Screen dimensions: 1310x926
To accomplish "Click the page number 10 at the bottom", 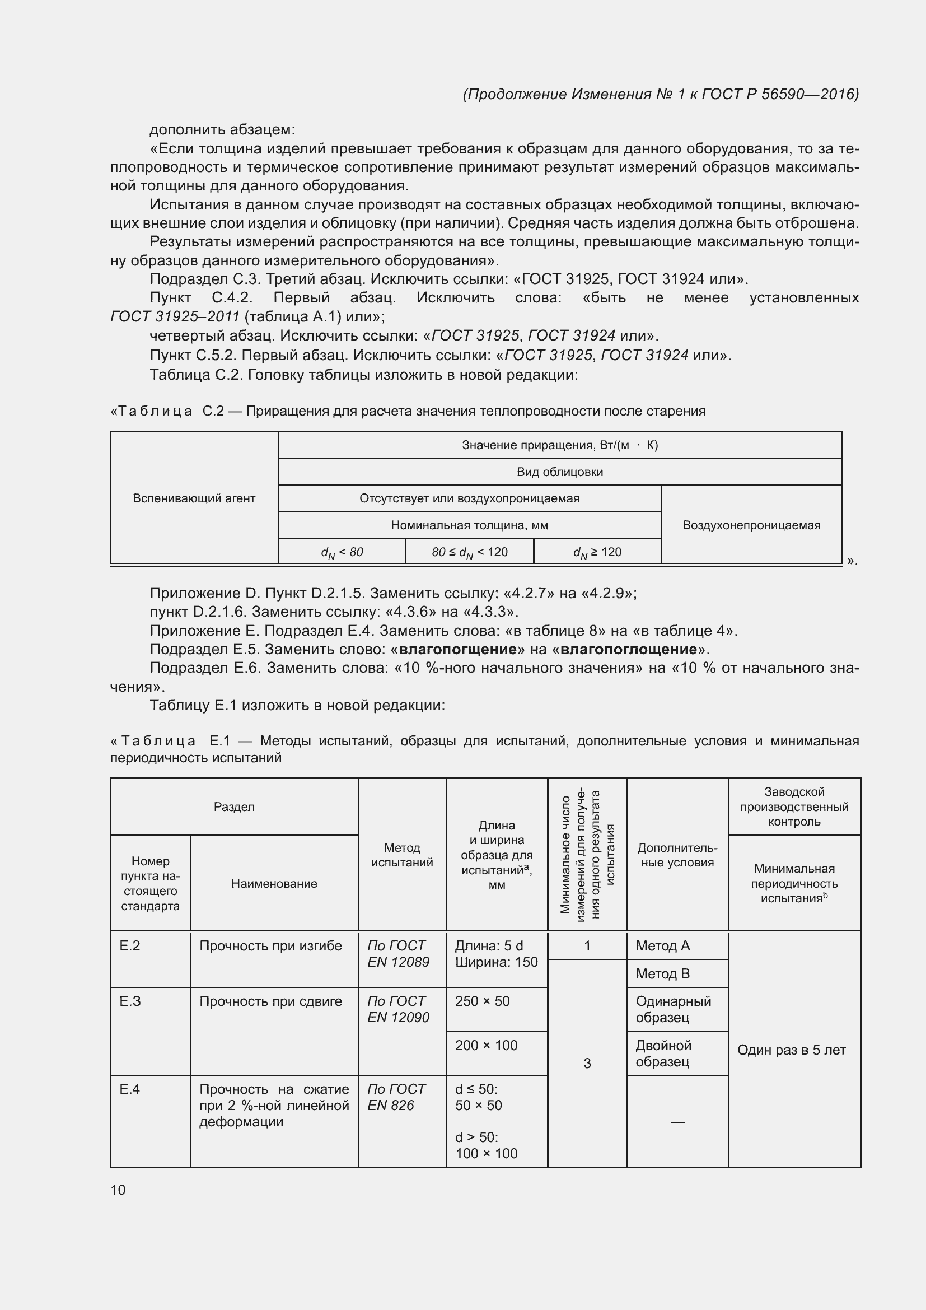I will tap(118, 1190).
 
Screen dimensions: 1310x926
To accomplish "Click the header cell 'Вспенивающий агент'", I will tap(194, 498).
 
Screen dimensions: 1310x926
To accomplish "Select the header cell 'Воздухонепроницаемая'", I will tap(751, 525).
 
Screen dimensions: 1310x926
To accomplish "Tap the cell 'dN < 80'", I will tap(342, 552).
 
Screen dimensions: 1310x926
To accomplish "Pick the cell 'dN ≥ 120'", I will tap(597, 552).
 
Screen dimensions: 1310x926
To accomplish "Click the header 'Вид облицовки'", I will tap(559, 472).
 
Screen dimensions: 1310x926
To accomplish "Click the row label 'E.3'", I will tap(130, 1001).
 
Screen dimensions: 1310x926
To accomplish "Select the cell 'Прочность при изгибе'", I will tap(270, 945).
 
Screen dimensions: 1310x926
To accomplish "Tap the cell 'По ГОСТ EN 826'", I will tap(396, 1097).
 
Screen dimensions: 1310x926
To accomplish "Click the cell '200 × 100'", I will tap(486, 1045).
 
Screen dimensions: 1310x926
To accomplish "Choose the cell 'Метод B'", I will tap(662, 973).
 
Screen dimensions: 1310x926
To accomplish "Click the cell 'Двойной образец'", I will tap(664, 1053).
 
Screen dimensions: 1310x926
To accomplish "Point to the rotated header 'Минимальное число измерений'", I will tap(587, 854).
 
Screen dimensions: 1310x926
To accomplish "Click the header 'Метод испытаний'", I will tap(402, 855).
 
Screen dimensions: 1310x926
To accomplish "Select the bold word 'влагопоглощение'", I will tap(628, 649).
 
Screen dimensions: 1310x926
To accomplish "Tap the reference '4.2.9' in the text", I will tap(606, 593).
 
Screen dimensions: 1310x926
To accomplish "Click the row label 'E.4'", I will tap(130, 1089).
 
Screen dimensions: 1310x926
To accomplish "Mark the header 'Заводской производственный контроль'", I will tap(794, 806).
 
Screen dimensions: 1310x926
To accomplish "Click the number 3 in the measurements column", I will tap(587, 1063).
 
